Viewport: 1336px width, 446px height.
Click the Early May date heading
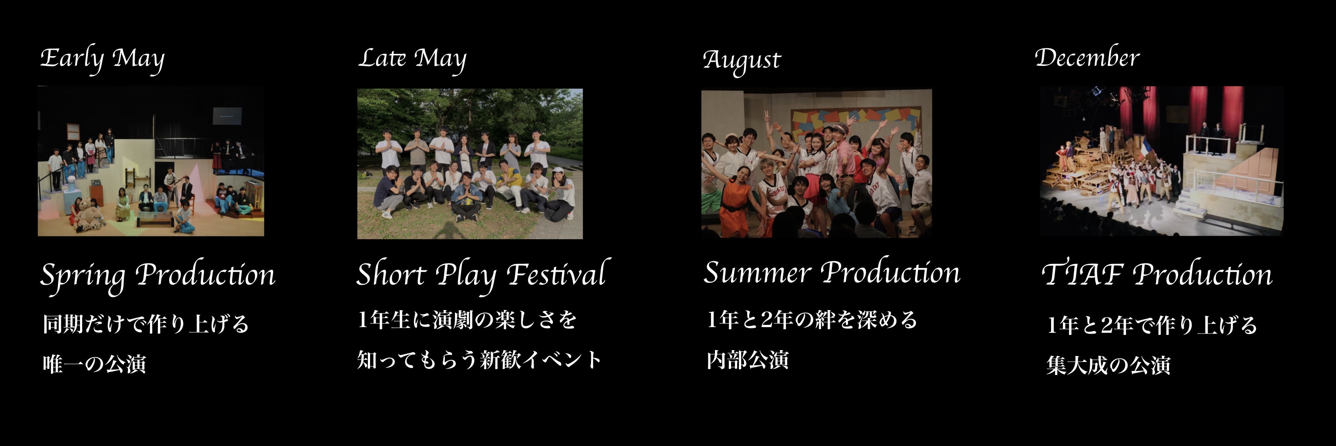(x=103, y=60)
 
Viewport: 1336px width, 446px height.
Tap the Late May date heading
(x=412, y=60)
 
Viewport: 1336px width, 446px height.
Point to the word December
(x=1087, y=57)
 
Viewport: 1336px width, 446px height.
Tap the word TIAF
(x=1082, y=274)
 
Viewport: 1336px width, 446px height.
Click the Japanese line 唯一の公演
(x=94, y=364)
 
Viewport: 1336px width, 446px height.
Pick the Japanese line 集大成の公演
(x=1108, y=365)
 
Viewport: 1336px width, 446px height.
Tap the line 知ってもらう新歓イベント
(x=480, y=359)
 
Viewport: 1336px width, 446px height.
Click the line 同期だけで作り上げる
(x=146, y=324)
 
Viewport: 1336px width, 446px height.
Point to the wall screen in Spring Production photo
(x=227, y=115)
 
